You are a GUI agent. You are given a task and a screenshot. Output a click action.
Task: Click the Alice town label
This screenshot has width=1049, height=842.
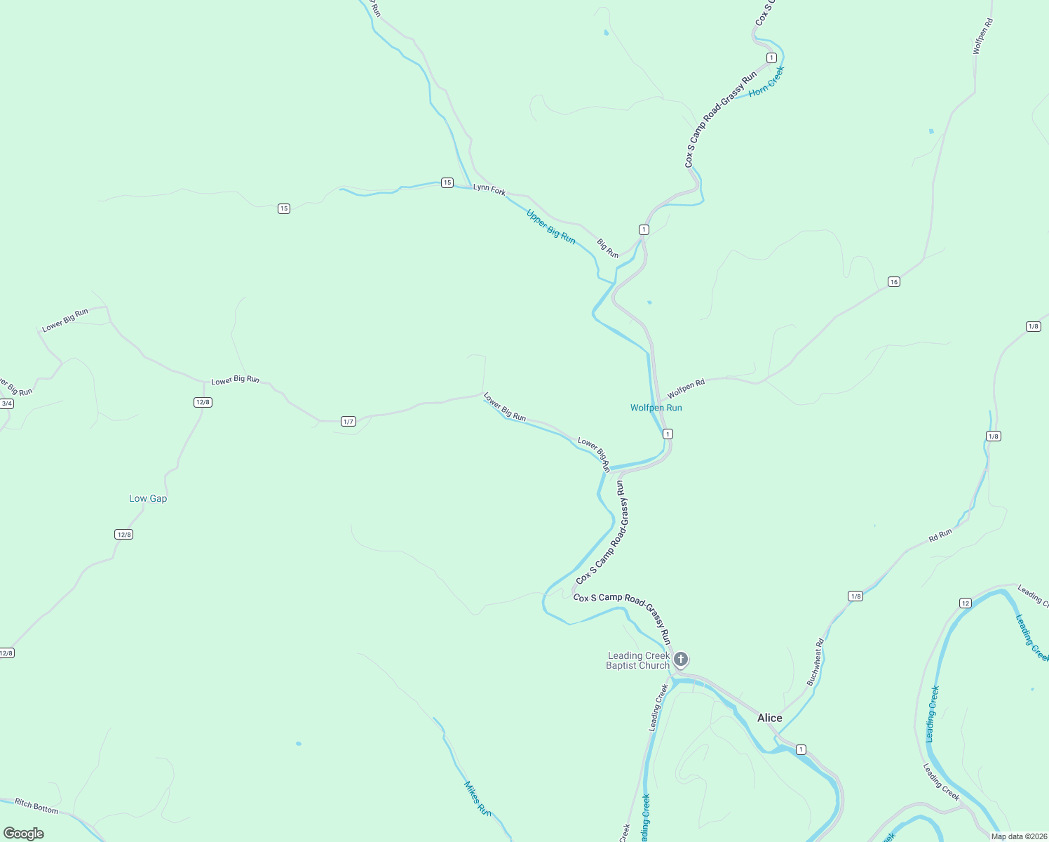tap(769, 718)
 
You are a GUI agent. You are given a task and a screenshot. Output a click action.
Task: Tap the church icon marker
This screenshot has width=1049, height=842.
tap(680, 659)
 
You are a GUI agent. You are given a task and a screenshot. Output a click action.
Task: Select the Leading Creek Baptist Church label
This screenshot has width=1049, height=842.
tap(638, 661)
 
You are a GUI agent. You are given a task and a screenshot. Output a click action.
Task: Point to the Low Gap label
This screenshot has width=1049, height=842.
tap(148, 498)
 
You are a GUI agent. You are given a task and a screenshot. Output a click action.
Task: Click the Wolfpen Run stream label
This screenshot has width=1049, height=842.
tap(656, 408)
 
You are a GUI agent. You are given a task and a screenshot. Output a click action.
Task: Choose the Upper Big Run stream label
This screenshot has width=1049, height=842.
tap(551, 227)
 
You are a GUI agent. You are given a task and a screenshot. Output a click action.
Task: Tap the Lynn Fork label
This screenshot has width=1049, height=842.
tap(489, 189)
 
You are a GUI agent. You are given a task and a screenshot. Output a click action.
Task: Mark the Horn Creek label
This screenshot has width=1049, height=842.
tap(766, 81)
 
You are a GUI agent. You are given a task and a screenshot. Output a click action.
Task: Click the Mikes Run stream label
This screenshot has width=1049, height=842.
tap(477, 798)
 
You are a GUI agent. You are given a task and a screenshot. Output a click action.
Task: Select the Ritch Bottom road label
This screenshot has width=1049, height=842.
tap(36, 807)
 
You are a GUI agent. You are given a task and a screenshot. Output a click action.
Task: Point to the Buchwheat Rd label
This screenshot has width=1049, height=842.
tap(815, 662)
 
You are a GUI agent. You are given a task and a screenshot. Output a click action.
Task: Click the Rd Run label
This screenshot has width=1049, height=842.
tap(940, 535)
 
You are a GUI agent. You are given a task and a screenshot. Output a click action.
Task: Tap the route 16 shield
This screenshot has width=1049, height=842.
tap(893, 282)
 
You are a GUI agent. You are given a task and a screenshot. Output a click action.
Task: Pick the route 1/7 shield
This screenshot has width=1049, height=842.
tap(348, 422)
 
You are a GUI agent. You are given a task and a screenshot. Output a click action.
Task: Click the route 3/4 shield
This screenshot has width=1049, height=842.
tap(7, 403)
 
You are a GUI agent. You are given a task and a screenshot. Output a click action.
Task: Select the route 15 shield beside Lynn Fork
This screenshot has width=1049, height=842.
tap(447, 183)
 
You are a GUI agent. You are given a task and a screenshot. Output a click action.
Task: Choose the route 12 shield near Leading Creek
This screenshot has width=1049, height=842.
tap(966, 603)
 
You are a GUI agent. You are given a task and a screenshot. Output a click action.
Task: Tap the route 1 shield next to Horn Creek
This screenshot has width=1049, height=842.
tap(771, 58)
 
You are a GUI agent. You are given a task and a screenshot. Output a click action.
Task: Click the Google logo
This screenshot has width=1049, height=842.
tap(24, 834)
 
